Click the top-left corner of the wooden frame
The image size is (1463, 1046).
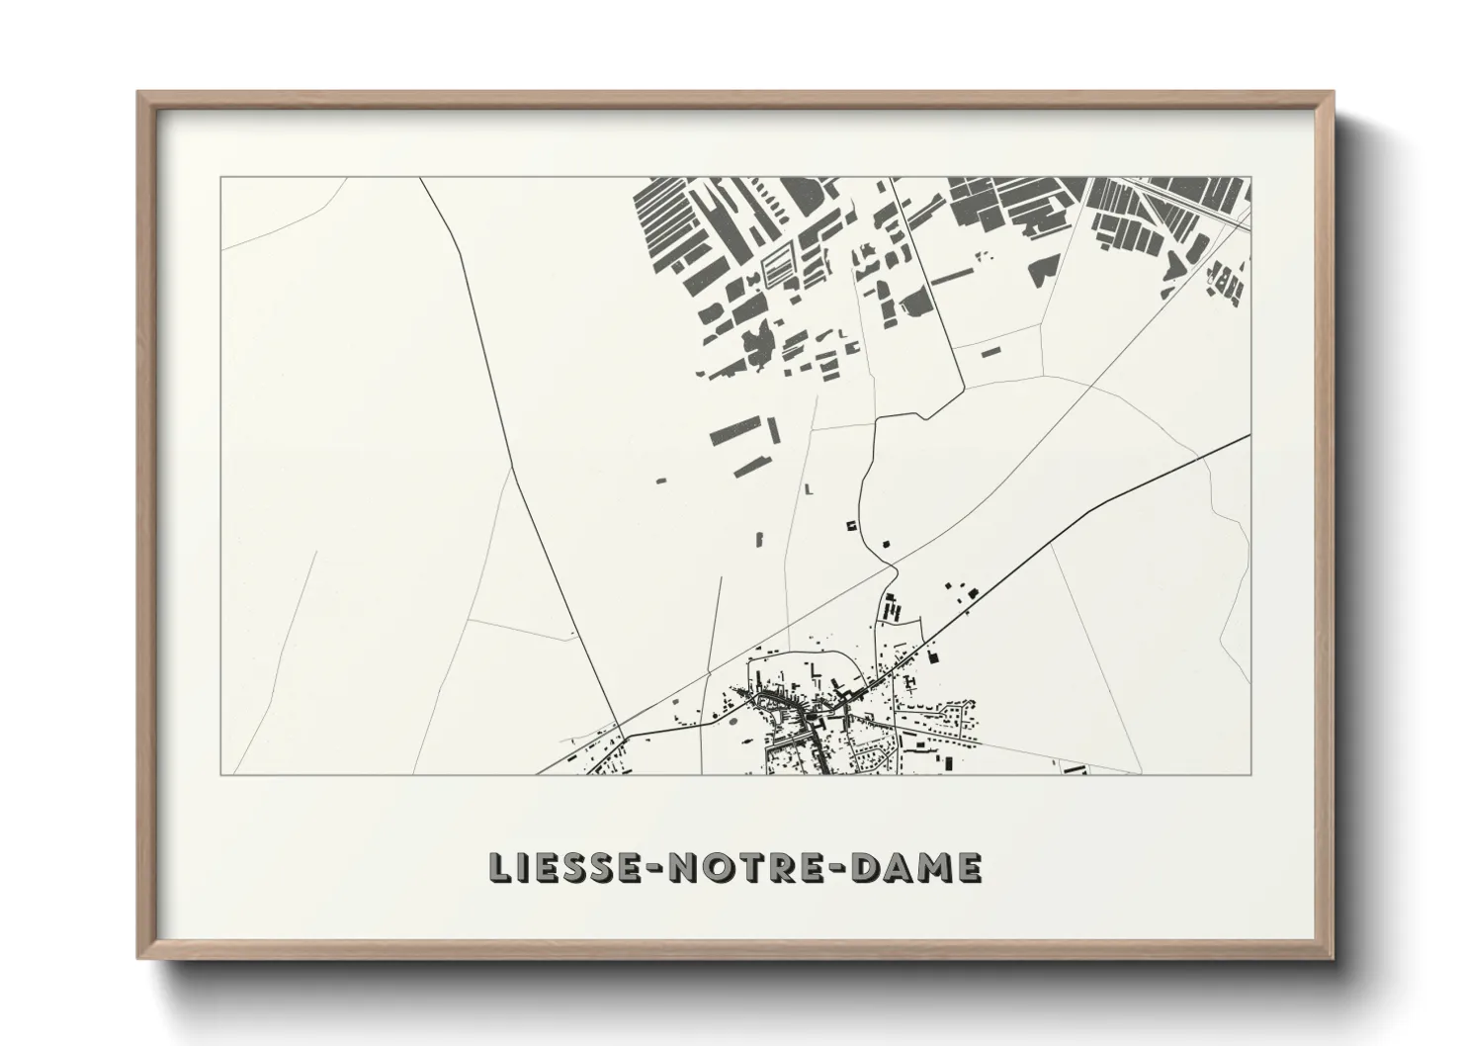pyautogui.click(x=139, y=93)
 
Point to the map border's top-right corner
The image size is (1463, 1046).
pyautogui.click(x=1250, y=178)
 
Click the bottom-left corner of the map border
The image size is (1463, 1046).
pyautogui.click(x=220, y=774)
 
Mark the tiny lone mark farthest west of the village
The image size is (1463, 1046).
pyautogui.click(x=661, y=479)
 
